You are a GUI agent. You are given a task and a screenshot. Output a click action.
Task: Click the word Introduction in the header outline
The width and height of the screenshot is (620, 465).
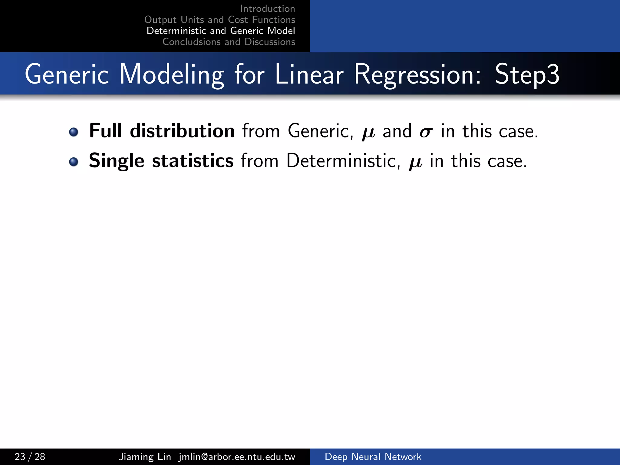point(267,9)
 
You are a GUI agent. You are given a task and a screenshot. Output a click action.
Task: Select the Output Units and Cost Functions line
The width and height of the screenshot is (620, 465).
point(220,20)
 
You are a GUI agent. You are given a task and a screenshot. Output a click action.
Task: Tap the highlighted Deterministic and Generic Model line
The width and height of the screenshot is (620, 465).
point(221,31)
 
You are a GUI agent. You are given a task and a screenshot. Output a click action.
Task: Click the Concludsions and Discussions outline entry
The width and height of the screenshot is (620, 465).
point(229,42)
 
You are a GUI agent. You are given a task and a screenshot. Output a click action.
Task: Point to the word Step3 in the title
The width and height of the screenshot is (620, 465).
point(527,74)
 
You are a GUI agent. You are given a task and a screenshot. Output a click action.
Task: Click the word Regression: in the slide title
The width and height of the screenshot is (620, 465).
point(417,74)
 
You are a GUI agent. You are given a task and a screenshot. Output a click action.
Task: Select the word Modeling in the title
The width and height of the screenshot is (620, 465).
point(171,74)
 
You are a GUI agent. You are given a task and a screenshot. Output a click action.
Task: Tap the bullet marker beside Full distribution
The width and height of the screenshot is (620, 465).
point(73,132)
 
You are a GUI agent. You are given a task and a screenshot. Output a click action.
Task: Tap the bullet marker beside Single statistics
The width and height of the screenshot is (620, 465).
point(73,162)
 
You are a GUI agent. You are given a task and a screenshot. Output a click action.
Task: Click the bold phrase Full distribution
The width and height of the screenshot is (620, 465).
point(162,131)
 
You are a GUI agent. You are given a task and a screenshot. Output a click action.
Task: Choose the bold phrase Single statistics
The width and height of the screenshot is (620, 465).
point(161,160)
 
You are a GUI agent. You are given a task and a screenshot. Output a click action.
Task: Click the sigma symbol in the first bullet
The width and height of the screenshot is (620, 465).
point(426,132)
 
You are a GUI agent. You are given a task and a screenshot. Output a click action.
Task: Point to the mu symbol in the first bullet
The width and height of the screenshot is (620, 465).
point(368,133)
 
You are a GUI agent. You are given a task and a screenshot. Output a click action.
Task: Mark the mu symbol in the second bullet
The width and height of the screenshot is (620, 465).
point(415,162)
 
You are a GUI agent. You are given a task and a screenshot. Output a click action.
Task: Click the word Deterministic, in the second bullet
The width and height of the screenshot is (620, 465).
point(343,160)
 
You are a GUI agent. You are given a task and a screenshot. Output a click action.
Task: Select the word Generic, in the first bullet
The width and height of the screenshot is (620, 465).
point(320,131)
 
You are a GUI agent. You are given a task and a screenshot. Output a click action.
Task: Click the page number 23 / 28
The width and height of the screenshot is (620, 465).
point(30,457)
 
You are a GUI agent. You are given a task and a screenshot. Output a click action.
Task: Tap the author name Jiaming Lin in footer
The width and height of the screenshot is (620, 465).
point(145,457)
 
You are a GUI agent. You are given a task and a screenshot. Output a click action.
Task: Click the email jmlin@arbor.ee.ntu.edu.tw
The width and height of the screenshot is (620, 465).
point(237,457)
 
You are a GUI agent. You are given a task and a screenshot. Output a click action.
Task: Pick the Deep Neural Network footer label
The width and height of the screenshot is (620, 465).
point(373,457)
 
